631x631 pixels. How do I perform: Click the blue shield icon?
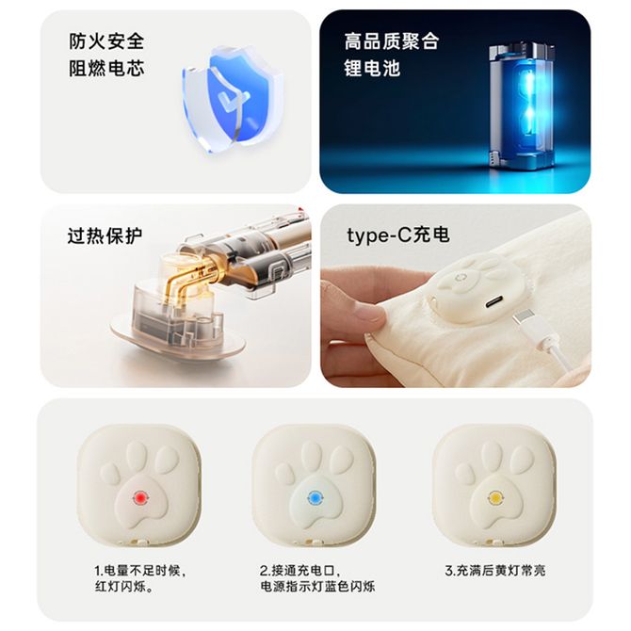(x=227, y=99)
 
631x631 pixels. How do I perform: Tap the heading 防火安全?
(x=106, y=41)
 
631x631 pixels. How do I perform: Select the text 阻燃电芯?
(x=106, y=68)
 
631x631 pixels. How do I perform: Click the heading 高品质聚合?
(x=391, y=41)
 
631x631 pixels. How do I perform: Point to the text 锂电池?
(x=372, y=68)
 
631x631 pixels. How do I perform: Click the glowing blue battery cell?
(x=522, y=108)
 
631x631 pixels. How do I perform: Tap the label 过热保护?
(x=105, y=235)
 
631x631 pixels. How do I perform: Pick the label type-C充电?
(x=398, y=235)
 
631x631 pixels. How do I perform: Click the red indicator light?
(x=139, y=498)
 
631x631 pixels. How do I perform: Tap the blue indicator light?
(x=315, y=498)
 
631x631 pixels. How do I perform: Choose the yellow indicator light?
(x=494, y=497)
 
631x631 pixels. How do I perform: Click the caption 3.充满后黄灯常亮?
(x=495, y=571)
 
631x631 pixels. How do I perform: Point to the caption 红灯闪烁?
(x=124, y=587)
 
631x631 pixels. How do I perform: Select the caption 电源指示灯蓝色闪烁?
(x=317, y=587)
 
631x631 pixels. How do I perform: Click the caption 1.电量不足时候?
(x=140, y=571)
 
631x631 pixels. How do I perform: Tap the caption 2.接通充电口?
(x=300, y=571)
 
